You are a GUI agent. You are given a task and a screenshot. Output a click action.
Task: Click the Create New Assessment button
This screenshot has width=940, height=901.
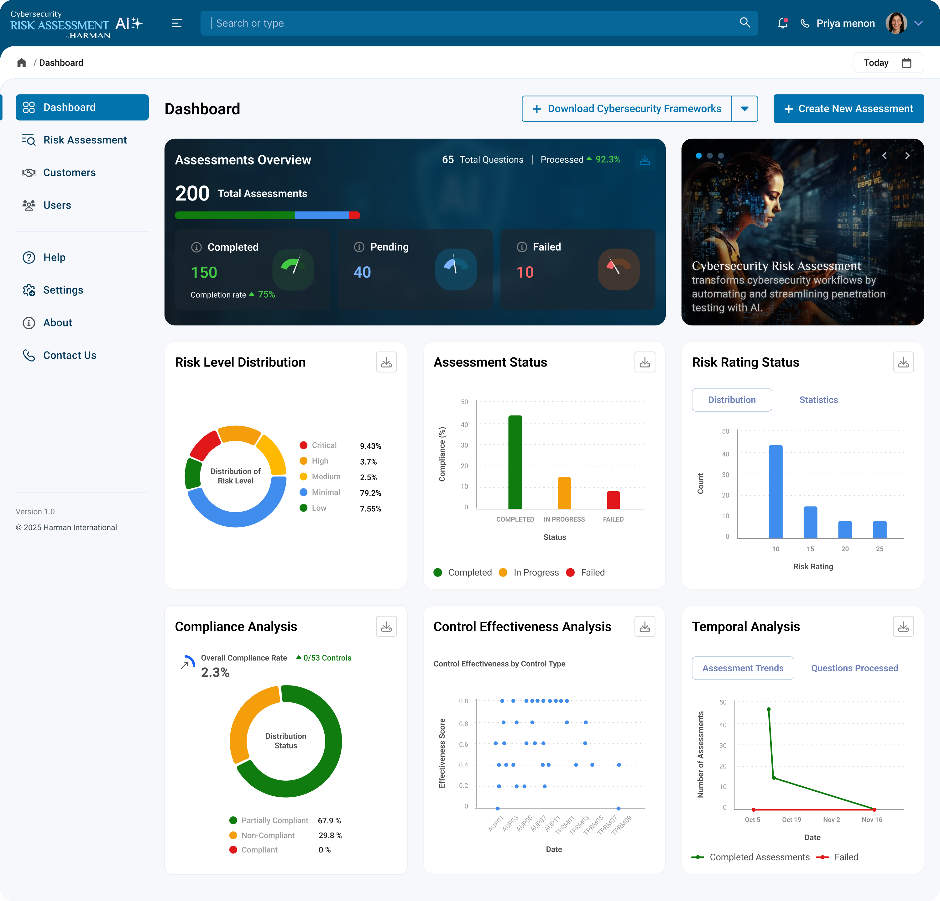[x=849, y=109]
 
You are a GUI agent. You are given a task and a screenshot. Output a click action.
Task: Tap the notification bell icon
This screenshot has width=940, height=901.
[x=783, y=23]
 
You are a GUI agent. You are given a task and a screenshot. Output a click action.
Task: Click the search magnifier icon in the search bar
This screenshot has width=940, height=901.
[x=745, y=23]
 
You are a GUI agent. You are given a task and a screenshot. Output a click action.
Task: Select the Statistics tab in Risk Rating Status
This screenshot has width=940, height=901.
[x=818, y=400]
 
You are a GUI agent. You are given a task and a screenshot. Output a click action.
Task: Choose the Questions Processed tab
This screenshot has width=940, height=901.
[x=854, y=668]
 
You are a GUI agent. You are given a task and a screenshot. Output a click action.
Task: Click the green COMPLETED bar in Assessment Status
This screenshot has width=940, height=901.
[x=515, y=462]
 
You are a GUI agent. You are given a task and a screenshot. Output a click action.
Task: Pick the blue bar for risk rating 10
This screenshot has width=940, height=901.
[x=775, y=492]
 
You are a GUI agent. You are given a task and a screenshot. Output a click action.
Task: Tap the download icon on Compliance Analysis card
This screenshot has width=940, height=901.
[x=386, y=627]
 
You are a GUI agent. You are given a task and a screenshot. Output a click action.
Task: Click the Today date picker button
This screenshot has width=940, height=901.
[x=888, y=63]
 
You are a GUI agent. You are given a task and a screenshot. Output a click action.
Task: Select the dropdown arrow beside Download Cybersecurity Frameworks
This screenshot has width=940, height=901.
[x=744, y=109]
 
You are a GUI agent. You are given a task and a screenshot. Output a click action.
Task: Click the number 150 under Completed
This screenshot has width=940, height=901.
[x=204, y=272]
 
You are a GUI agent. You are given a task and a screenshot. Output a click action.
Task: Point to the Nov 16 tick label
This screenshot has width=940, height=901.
[x=871, y=820]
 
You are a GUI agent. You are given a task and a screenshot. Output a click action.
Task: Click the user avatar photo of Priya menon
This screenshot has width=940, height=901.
[x=896, y=23]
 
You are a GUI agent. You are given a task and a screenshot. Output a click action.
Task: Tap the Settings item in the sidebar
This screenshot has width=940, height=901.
[x=63, y=290]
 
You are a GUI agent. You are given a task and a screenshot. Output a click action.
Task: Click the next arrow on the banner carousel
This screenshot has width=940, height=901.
[x=907, y=155]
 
